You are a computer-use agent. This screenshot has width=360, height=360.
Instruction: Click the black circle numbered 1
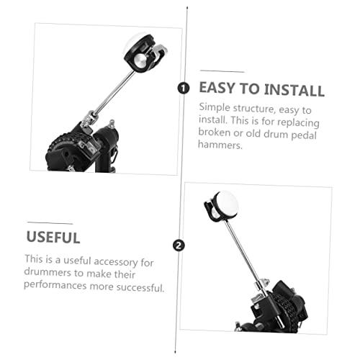point(184,88)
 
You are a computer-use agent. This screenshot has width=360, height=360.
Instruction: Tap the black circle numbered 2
point(179,246)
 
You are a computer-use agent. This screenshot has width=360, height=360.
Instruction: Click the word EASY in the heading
point(217,88)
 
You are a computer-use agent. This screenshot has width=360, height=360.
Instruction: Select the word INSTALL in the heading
point(294,90)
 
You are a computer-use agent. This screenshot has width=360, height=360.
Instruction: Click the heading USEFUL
point(53,237)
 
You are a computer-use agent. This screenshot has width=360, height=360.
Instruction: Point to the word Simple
point(215,107)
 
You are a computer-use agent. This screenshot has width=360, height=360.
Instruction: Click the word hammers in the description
point(220,144)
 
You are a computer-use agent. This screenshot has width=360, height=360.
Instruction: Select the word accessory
point(114,261)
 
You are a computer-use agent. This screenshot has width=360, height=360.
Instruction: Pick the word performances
point(55,285)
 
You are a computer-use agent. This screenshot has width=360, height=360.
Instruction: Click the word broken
point(215,132)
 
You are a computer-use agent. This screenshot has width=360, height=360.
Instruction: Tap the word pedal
point(304,135)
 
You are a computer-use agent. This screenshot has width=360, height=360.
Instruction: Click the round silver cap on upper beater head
point(140,59)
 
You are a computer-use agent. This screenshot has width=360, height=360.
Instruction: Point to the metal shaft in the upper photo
point(114,92)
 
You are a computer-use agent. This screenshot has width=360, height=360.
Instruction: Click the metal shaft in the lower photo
point(244,251)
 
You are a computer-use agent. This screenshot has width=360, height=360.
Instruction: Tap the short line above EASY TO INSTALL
point(222,71)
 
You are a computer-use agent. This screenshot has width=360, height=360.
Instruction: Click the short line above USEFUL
point(50,223)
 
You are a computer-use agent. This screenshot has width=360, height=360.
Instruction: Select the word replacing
point(298,122)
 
